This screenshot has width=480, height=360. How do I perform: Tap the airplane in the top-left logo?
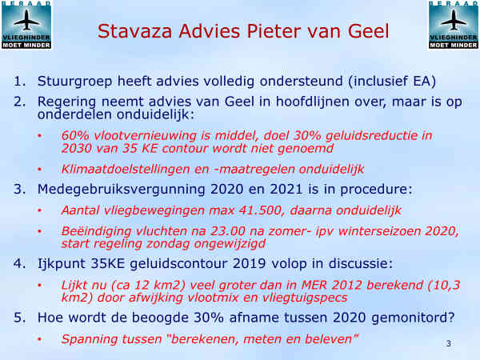point(26,20)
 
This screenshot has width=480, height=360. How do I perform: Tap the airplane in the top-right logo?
point(454,20)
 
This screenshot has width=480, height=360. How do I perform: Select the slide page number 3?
point(449,343)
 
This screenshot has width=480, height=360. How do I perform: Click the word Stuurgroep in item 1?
point(75,82)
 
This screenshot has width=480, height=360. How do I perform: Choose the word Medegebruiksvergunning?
point(122,190)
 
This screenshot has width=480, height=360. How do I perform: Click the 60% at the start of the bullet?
point(75,135)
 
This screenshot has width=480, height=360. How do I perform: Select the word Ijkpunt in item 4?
point(62,264)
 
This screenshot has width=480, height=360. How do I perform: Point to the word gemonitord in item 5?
point(413,318)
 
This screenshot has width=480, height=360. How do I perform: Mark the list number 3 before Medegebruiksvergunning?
point(19,190)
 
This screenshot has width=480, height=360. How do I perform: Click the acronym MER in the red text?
point(314,285)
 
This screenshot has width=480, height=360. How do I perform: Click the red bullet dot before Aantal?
point(39,210)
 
